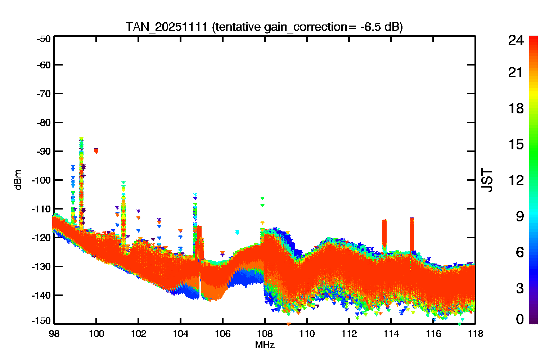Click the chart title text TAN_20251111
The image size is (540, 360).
[167, 27]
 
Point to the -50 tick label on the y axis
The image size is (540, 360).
[44, 39]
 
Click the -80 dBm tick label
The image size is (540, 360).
[44, 123]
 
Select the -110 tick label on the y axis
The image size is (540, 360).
[41, 209]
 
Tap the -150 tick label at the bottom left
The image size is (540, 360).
[41, 321]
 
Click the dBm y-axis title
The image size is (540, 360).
[18, 180]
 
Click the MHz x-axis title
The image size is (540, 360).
[265, 345]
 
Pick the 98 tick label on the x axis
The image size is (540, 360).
[54, 334]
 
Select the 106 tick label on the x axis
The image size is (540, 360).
[222, 334]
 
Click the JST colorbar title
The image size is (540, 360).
[487, 180]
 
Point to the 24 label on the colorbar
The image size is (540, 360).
[516, 40]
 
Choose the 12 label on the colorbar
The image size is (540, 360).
[516, 180]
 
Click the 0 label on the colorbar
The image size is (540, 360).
[520, 319]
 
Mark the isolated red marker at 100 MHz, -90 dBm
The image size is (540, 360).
[96, 151]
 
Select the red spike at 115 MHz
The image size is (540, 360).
[412, 234]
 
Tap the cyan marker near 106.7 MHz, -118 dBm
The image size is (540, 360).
[237, 232]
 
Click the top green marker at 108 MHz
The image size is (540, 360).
[262, 198]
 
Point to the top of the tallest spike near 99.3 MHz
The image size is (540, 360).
[81, 138]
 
